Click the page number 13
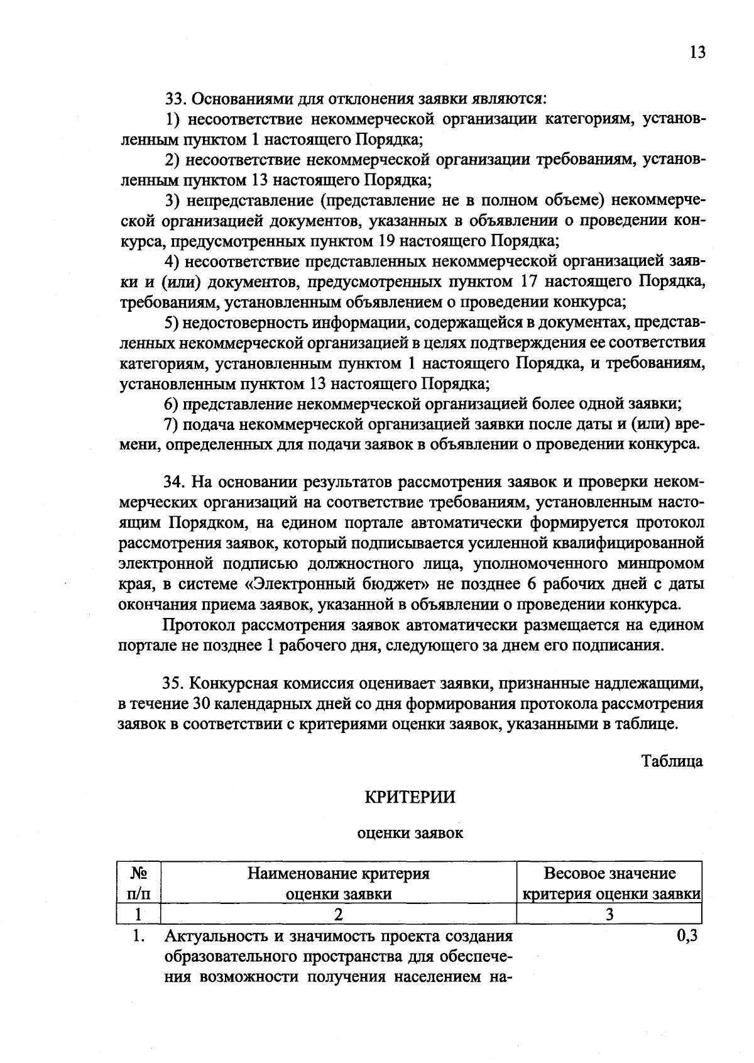click(697, 52)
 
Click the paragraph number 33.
click(173, 99)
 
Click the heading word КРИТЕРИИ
click(410, 797)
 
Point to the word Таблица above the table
click(672, 761)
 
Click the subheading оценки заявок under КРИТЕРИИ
click(410, 834)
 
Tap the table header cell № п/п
click(139, 883)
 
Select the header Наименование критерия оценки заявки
click(339, 883)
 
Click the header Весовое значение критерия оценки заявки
click(609, 883)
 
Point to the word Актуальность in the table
click(214, 937)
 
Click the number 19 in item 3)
click(388, 241)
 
